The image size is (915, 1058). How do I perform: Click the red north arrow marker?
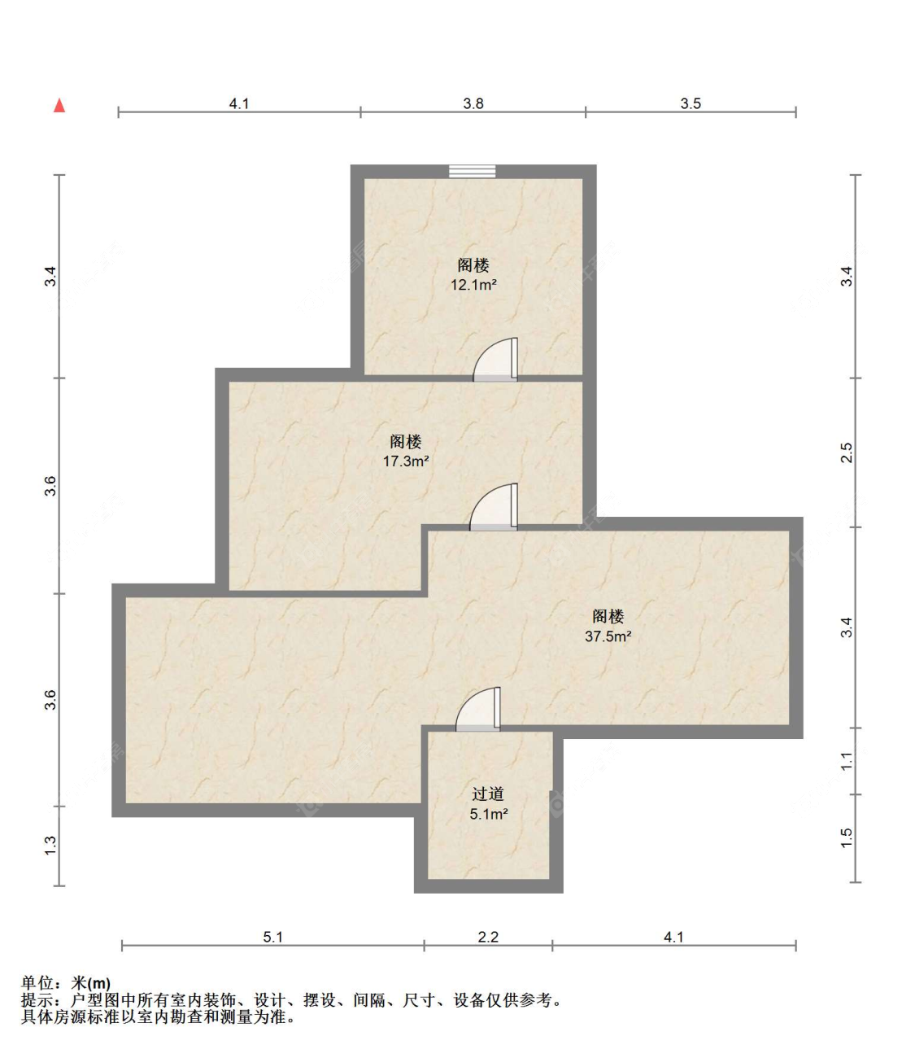[59, 106]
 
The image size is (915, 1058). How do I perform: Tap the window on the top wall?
[473, 171]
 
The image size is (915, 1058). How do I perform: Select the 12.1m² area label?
[473, 285]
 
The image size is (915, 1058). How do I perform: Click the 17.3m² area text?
[406, 461]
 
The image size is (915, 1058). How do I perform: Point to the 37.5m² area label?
[608, 636]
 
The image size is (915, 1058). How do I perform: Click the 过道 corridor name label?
[488, 793]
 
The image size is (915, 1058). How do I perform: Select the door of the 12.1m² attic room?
[497, 361]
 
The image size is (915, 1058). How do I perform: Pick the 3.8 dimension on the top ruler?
[473, 103]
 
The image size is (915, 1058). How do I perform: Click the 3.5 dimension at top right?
[691, 103]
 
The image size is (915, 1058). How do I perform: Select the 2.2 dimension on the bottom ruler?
[488, 937]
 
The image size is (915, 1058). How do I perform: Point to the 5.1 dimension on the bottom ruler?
[272, 937]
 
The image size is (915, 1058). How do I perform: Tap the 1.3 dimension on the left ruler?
[50, 846]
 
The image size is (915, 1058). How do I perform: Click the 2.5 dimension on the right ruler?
[847, 452]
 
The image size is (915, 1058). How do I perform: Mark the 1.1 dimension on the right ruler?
[847, 761]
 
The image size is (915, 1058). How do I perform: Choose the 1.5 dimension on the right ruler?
[847, 837]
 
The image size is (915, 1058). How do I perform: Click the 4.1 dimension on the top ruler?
[238, 103]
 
